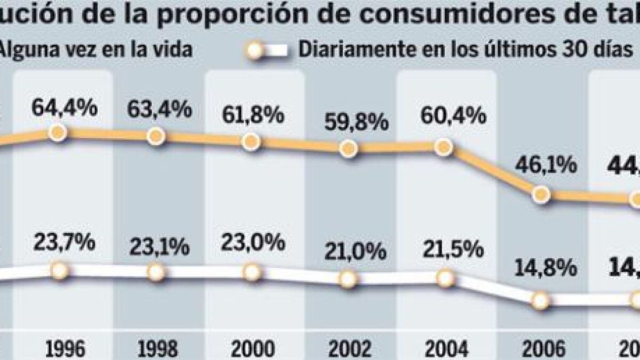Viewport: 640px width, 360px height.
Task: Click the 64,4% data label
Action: pos(64,109)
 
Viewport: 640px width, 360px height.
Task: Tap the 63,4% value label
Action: pos(159,110)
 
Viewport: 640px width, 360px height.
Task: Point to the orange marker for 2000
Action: pos(251,142)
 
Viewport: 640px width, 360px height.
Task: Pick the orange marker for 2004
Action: pos(443,148)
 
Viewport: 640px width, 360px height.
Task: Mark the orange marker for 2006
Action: pos(541,194)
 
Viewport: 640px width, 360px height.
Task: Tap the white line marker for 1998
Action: pos(156,273)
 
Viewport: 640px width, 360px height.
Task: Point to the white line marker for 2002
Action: pos(348,278)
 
